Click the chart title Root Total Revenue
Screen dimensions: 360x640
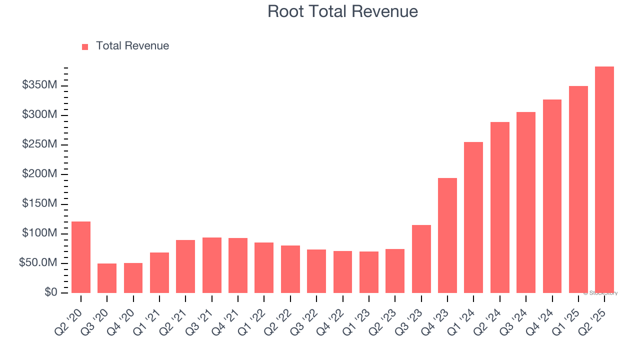[342, 11]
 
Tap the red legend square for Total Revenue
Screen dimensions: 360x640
[85, 46]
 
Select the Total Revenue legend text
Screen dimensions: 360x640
[132, 46]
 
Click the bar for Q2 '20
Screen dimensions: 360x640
[81, 257]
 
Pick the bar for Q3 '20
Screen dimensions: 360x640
[107, 278]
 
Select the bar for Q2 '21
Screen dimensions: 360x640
[185, 266]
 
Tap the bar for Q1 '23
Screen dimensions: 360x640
[369, 272]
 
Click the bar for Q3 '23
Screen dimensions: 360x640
[421, 259]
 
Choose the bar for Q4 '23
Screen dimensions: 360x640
[447, 235]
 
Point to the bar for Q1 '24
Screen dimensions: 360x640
[473, 217]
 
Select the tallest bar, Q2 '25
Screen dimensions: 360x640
[604, 180]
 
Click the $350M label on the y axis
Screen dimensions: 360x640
[39, 85]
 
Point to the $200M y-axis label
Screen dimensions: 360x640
[39, 174]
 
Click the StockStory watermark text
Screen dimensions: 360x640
[600, 293]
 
